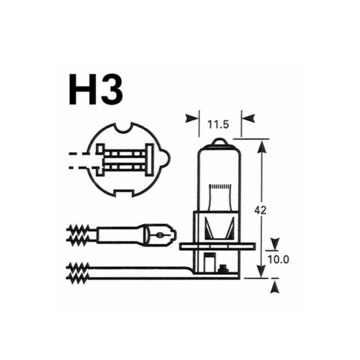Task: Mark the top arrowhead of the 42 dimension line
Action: [260, 145]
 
